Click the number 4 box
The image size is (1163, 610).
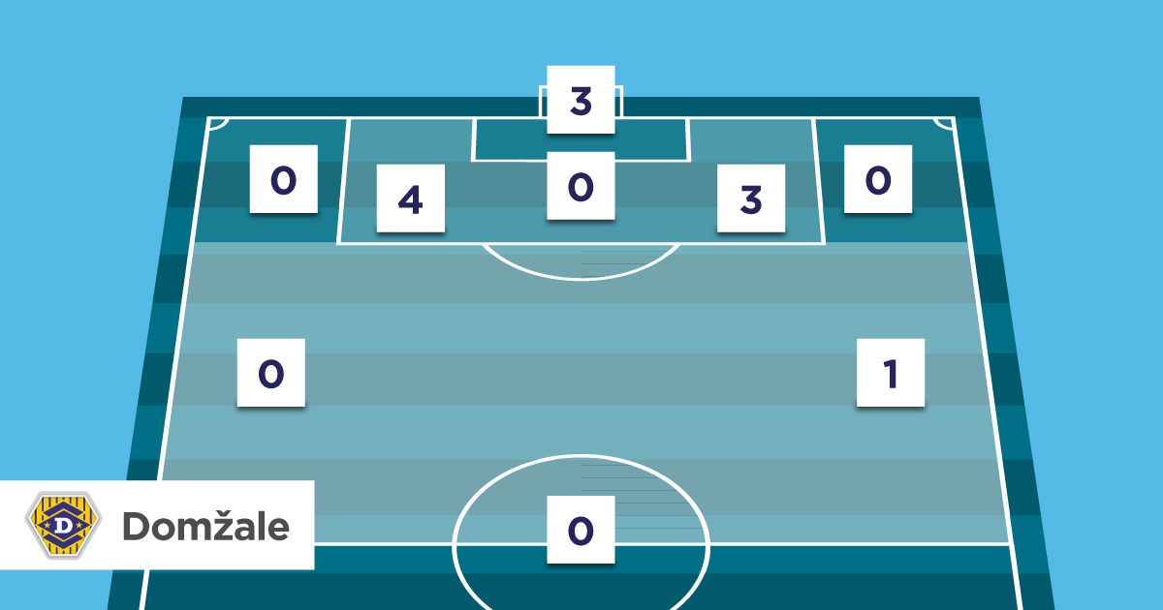[411, 198]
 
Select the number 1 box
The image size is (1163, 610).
[891, 373]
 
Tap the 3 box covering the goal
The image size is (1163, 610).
[581, 100]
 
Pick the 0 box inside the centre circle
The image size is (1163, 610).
[581, 530]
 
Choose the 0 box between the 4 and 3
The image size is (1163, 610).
[581, 186]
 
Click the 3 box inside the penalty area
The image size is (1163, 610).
[751, 198]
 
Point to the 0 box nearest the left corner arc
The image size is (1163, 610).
[283, 179]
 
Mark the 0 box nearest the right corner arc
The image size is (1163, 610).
[878, 179]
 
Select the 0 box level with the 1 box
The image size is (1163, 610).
[271, 373]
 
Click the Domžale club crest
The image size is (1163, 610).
[63, 525]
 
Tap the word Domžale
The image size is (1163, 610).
[205, 526]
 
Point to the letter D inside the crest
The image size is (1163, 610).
[63, 526]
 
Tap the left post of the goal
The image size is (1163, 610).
[541, 102]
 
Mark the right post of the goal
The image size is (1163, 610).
[620, 102]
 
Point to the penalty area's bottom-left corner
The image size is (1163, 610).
[337, 243]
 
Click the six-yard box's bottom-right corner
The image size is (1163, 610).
[690, 161]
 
